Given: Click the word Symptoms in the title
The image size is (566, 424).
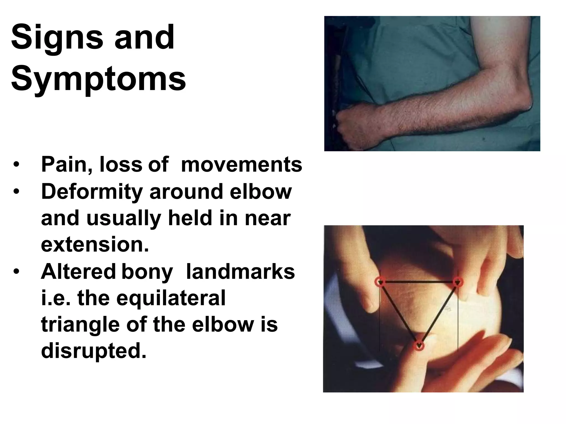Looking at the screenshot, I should coord(98,79).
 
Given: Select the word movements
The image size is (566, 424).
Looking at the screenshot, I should coord(242,165).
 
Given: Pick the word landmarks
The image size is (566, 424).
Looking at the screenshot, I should coord(240,272).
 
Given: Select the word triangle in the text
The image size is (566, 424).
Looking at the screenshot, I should coord(80,325).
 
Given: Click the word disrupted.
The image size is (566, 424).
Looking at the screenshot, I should coord(93,351).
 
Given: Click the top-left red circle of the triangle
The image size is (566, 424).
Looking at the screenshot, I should coord(380,282).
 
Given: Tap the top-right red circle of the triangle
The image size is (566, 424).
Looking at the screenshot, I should coord(458,282).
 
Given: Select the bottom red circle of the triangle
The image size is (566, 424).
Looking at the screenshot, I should coord(419,345).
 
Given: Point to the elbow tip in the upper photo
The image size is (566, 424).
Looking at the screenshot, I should coord(529,106).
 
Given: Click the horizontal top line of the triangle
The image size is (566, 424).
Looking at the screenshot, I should coord(419,282).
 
